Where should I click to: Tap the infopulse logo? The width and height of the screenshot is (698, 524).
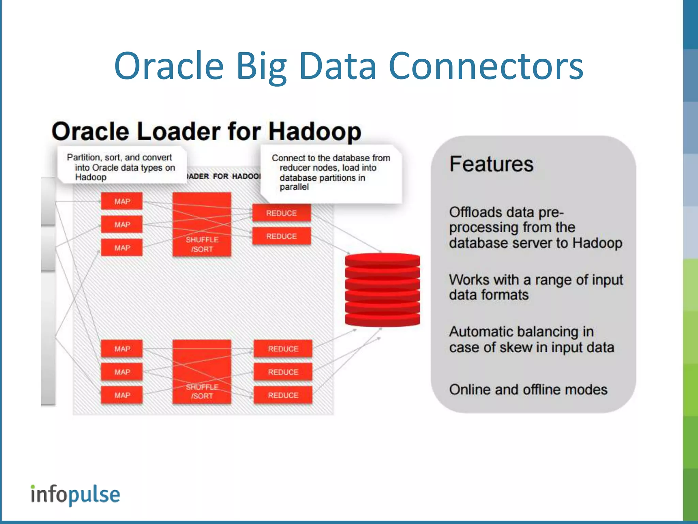click(75, 495)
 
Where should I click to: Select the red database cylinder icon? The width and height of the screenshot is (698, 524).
click(382, 289)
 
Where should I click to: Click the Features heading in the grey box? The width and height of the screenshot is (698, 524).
click(491, 164)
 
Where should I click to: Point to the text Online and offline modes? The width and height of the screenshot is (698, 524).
click(528, 390)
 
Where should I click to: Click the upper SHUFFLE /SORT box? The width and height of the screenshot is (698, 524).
click(202, 224)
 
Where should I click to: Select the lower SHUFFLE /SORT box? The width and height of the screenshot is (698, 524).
click(202, 372)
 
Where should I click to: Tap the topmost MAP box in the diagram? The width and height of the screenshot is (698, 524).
click(122, 201)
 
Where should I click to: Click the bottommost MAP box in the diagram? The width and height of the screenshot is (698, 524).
click(122, 395)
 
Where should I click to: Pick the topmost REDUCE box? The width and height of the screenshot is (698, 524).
click(282, 213)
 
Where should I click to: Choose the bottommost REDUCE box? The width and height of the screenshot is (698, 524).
click(283, 395)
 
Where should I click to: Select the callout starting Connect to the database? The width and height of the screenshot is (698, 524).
click(331, 172)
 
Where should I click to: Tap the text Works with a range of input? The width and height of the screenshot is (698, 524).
click(535, 280)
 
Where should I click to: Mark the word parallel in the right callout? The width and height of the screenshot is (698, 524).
click(294, 187)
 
